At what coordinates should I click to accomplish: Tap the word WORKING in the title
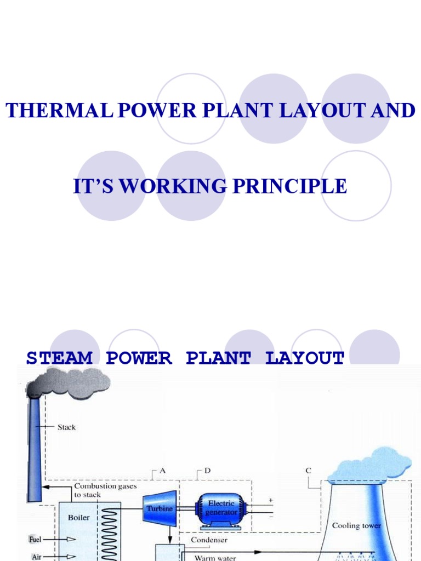pyautogui.click(x=173, y=186)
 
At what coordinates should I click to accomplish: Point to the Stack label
pyautogui.click(x=67, y=427)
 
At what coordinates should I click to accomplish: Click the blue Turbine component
pyautogui.click(x=160, y=508)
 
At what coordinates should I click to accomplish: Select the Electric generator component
pyautogui.click(x=221, y=508)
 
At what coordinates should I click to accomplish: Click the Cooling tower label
pyautogui.click(x=356, y=526)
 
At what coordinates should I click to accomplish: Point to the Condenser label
pyautogui.click(x=209, y=540)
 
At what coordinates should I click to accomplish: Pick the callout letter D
pyautogui.click(x=207, y=471)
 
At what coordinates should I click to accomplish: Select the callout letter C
pyautogui.click(x=308, y=471)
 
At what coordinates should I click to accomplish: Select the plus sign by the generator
pyautogui.click(x=270, y=500)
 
